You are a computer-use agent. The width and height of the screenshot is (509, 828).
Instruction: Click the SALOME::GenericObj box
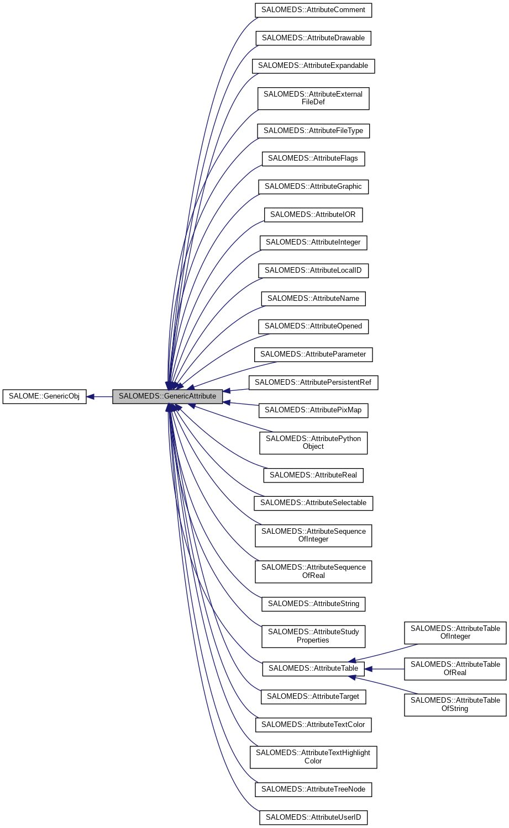click(x=44, y=396)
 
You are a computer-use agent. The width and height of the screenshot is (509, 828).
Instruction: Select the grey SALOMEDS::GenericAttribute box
click(x=167, y=396)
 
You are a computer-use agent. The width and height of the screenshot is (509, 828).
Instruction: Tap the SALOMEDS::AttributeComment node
click(x=313, y=10)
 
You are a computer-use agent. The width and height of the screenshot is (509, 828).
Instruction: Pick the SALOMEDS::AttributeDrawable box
click(x=313, y=38)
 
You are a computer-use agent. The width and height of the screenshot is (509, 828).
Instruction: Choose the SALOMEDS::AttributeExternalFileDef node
click(x=313, y=98)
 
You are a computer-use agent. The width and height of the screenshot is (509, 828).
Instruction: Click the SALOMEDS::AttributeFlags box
click(x=313, y=158)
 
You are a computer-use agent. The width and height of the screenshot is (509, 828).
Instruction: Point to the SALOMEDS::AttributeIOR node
click(x=313, y=215)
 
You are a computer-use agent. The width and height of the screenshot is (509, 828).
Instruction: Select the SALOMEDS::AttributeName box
click(x=313, y=299)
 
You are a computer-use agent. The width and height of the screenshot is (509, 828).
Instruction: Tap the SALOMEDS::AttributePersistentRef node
click(x=313, y=383)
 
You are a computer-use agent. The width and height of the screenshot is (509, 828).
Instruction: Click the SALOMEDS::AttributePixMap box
click(x=313, y=410)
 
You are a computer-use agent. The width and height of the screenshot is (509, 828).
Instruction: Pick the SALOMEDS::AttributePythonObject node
click(x=313, y=443)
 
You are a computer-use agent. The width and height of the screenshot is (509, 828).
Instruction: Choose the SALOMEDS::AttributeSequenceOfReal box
click(x=313, y=571)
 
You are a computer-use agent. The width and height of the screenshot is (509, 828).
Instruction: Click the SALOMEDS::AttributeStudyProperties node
click(x=313, y=636)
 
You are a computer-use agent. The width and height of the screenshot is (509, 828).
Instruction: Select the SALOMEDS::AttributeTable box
click(x=313, y=668)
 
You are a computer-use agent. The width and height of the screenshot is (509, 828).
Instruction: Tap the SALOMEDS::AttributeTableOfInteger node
click(x=455, y=633)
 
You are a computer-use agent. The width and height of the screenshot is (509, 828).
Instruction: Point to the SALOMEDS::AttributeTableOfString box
click(x=455, y=705)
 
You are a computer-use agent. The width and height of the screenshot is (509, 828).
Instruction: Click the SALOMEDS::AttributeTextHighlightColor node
click(x=313, y=757)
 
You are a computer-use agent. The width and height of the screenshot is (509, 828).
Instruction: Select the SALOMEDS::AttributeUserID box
click(x=313, y=818)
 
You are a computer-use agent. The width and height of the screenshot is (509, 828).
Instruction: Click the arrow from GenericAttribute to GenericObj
click(x=99, y=396)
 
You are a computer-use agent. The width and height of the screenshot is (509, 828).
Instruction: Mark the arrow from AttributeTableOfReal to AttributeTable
click(x=385, y=669)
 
